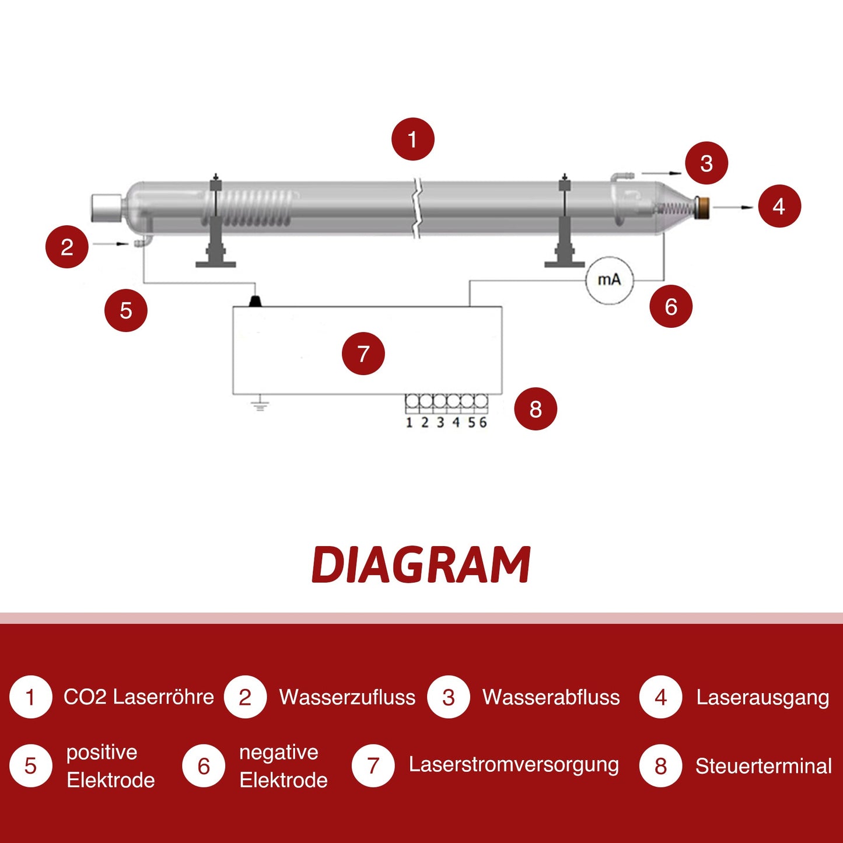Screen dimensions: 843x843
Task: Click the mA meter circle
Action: [x=609, y=281]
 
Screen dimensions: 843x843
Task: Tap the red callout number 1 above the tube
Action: [x=412, y=139]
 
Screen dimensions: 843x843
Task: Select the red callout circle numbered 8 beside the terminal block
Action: [x=536, y=409]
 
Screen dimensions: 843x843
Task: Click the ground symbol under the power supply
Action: [x=260, y=404]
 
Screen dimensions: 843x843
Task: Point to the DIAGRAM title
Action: [x=421, y=565]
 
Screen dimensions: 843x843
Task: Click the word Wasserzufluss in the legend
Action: [x=347, y=697]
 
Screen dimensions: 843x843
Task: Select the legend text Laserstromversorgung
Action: [x=513, y=765]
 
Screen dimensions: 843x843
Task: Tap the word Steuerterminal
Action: [x=763, y=766]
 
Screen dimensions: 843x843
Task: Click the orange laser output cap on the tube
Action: [x=704, y=208]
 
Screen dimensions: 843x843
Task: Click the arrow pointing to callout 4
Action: [x=733, y=207]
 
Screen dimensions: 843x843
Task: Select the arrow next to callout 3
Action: [x=662, y=173]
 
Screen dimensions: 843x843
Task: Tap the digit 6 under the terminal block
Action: [x=482, y=422]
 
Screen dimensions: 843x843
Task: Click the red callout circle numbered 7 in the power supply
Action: [x=363, y=354]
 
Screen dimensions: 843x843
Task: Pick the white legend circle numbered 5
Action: [x=30, y=766]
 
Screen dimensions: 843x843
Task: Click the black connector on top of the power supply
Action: [x=255, y=300]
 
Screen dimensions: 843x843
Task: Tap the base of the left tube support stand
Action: [x=215, y=264]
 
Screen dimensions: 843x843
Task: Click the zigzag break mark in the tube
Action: [x=417, y=208]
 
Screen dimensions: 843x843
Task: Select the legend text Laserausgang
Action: [x=762, y=697]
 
